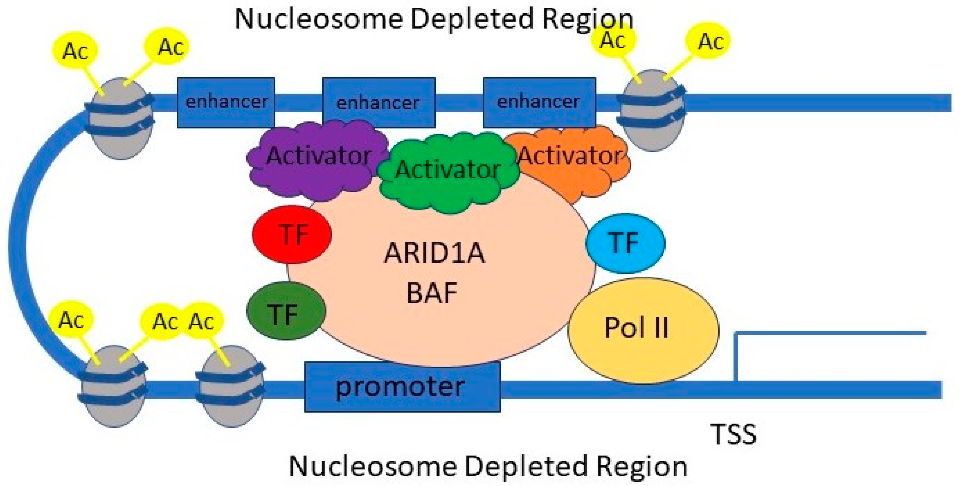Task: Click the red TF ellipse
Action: [292, 234]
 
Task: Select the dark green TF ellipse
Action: [286, 311]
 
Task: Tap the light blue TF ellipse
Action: [625, 243]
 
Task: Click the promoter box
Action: [402, 387]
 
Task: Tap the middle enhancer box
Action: [378, 102]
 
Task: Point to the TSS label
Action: [734, 435]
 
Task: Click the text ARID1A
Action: [434, 253]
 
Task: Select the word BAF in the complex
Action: [432, 293]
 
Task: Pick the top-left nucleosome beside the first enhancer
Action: [121, 119]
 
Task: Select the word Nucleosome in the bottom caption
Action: [373, 467]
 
